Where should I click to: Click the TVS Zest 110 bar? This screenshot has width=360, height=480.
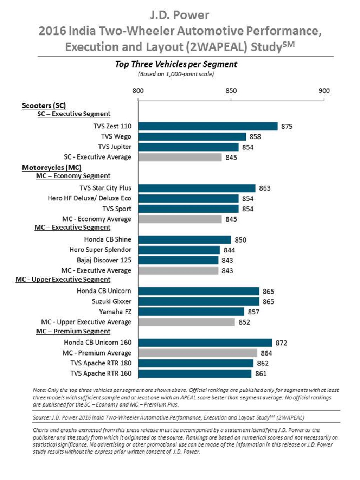(208, 126)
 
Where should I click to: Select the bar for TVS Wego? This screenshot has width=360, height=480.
(192, 136)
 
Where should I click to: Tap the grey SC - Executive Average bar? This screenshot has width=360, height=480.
(180, 157)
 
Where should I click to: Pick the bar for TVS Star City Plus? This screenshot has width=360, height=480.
(197, 188)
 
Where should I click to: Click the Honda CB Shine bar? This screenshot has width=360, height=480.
(184, 240)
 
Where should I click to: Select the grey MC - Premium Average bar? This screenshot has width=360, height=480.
(198, 353)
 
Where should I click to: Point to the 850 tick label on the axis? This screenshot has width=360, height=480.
(231, 91)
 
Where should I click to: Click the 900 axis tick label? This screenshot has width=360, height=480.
(324, 91)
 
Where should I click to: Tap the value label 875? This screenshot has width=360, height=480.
(287, 127)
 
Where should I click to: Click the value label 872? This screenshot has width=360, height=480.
(281, 343)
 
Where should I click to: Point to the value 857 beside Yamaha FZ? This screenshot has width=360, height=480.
(253, 312)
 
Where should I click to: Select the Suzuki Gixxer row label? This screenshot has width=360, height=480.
(111, 301)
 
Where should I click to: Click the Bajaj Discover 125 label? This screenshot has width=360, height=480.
(104, 260)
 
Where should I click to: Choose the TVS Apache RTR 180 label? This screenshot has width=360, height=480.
(101, 363)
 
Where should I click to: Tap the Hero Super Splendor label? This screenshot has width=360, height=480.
(100, 250)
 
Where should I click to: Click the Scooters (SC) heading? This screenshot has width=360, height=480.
(44, 105)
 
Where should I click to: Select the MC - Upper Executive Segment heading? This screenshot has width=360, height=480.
(63, 280)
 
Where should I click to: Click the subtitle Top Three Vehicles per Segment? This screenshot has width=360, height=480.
(176, 64)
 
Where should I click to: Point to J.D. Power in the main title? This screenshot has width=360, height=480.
(179, 15)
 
